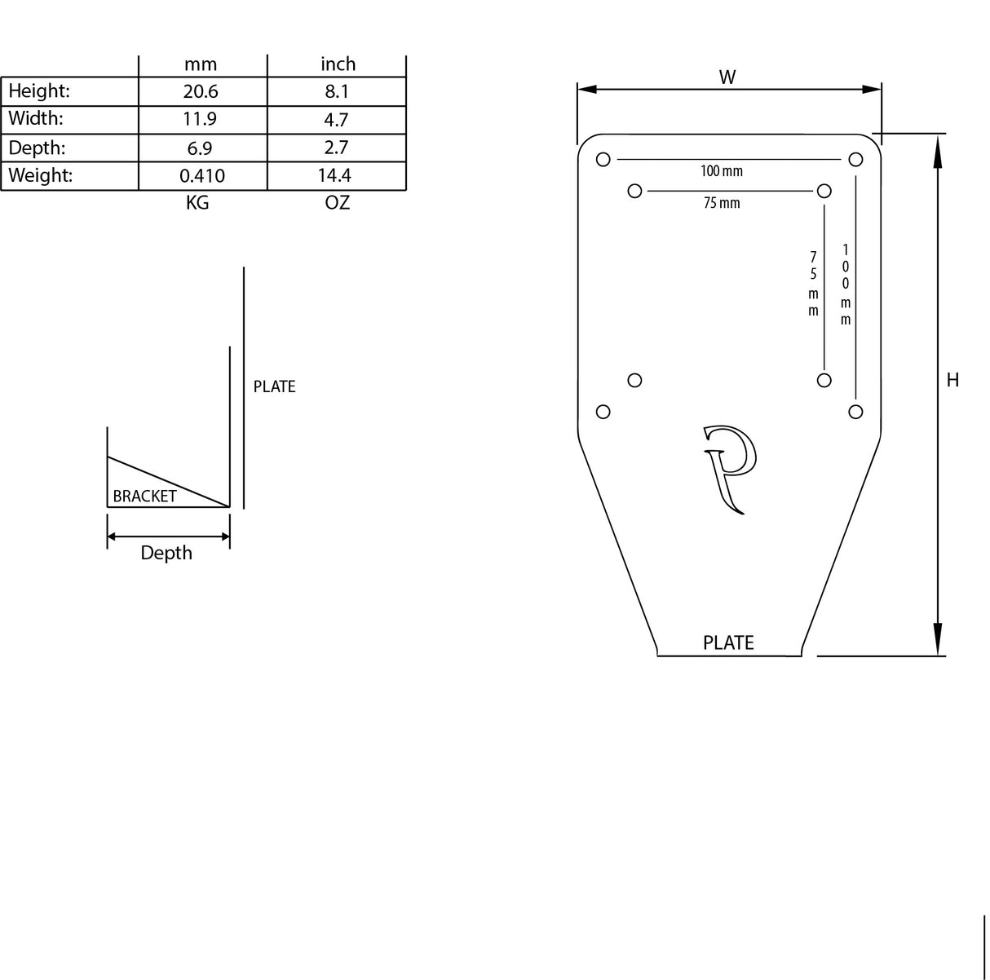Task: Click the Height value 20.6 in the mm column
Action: pyautogui.click(x=201, y=91)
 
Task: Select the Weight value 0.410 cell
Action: pyautogui.click(x=202, y=176)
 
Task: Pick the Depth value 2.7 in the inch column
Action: pyautogui.click(x=336, y=148)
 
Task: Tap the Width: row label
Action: pyautogui.click(x=36, y=119)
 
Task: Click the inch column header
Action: pyautogui.click(x=338, y=64)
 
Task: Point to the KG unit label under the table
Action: pyautogui.click(x=197, y=203)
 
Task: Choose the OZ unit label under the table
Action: pyautogui.click(x=337, y=203)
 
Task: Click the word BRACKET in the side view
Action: pyautogui.click(x=144, y=496)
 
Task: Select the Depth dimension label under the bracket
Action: pyautogui.click(x=166, y=553)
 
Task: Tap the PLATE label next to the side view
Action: pyautogui.click(x=274, y=386)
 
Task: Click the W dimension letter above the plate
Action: pyautogui.click(x=727, y=77)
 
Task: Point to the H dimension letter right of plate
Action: pyautogui.click(x=952, y=380)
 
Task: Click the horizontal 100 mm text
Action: pyautogui.click(x=722, y=171)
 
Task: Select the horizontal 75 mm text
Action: pyautogui.click(x=722, y=203)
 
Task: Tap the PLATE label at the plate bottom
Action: pyautogui.click(x=728, y=643)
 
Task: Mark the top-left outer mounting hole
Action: pyautogui.click(x=603, y=160)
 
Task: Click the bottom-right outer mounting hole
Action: pyautogui.click(x=855, y=412)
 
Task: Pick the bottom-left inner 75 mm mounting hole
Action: pyautogui.click(x=635, y=380)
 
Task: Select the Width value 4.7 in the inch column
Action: pyautogui.click(x=336, y=120)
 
